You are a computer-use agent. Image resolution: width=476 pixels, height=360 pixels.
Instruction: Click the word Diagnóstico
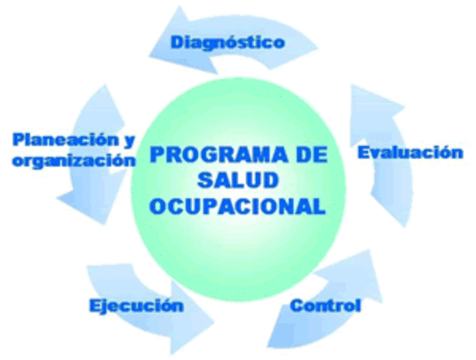227,42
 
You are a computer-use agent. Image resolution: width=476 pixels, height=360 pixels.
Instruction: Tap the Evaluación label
409,152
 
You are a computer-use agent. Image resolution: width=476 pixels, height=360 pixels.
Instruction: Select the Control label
325,305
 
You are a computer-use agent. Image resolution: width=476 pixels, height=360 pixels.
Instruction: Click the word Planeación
66,139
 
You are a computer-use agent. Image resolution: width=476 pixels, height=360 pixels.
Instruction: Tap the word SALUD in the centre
238,180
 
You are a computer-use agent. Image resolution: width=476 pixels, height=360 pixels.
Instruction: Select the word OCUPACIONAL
238,205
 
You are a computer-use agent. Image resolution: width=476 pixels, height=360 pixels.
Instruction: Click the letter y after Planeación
129,141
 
